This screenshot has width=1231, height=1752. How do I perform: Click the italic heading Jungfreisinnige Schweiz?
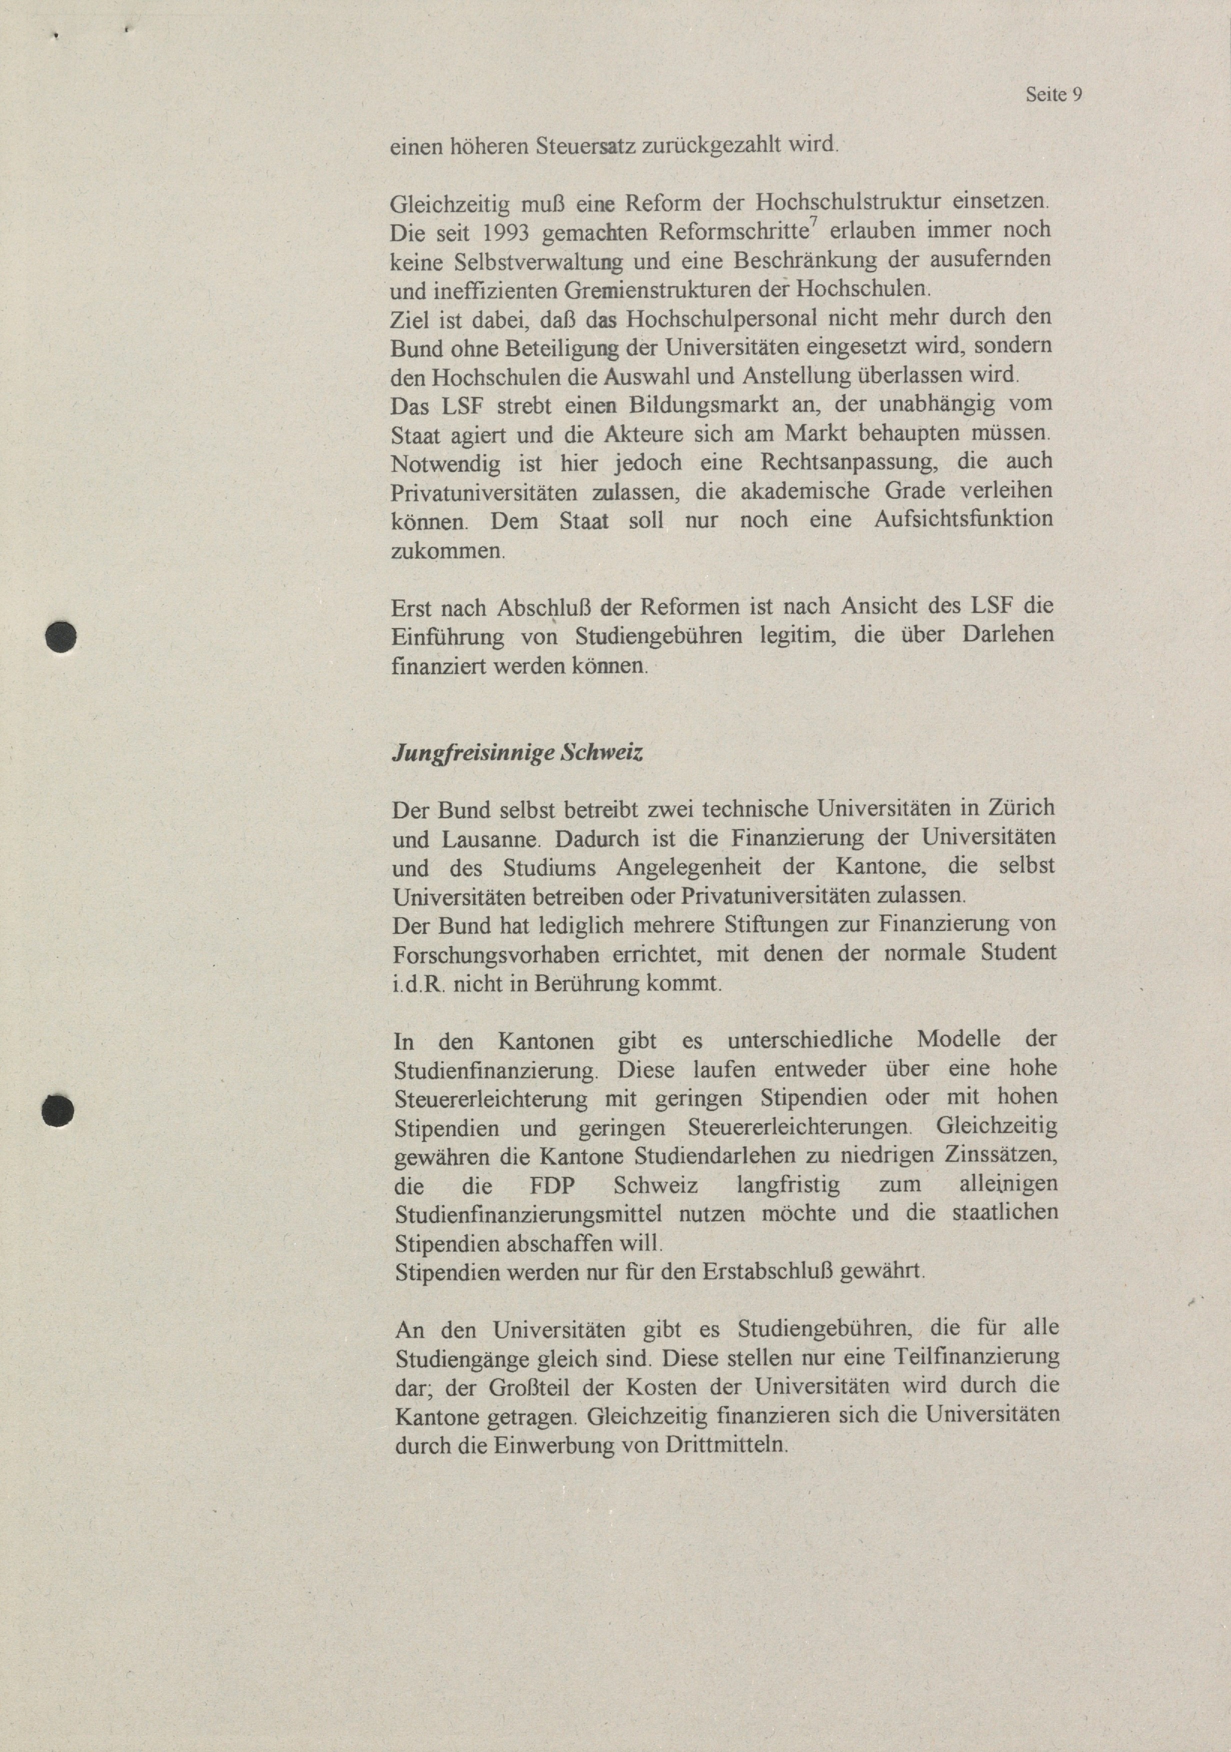517,753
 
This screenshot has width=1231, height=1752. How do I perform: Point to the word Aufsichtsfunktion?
963,520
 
